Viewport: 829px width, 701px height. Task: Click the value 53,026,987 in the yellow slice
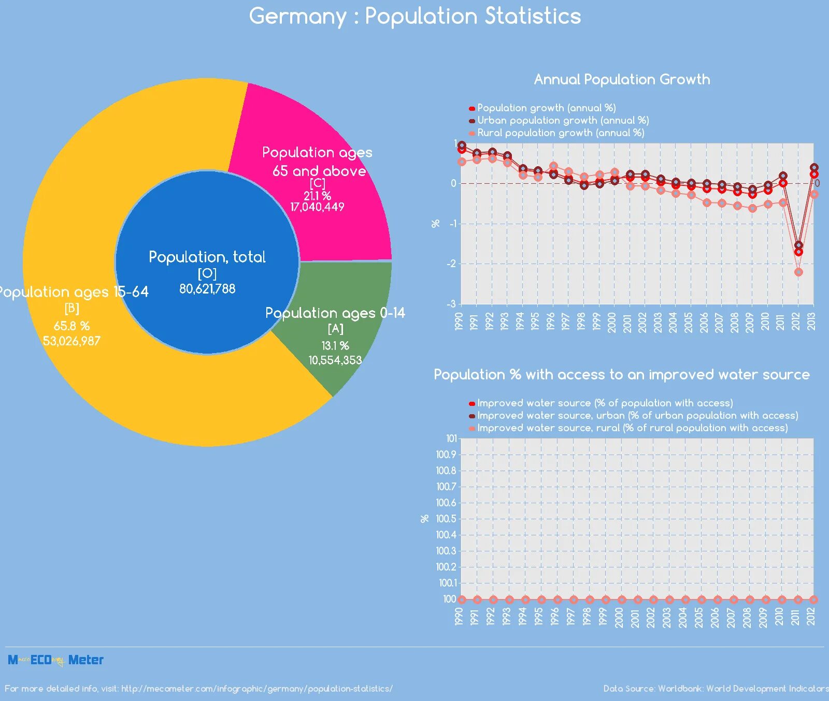[72, 341]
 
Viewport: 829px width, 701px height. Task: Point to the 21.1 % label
[317, 196]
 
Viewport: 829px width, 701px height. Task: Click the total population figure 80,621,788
[207, 289]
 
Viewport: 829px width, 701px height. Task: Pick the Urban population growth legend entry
[563, 121]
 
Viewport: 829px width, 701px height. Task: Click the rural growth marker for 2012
[798, 272]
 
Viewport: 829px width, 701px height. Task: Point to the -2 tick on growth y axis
[451, 264]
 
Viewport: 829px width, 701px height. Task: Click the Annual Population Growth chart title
[622, 79]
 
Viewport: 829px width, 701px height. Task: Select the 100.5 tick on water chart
[446, 519]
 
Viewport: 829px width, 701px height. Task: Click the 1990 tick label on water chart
[459, 617]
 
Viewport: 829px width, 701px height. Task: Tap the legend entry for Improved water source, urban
[637, 416]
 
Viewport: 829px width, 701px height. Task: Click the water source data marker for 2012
[813, 600]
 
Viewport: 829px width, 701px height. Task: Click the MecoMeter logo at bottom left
[55, 660]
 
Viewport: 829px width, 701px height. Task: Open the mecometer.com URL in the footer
[256, 689]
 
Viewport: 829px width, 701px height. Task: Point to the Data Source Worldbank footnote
[716, 689]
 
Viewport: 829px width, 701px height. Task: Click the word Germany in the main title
[297, 17]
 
